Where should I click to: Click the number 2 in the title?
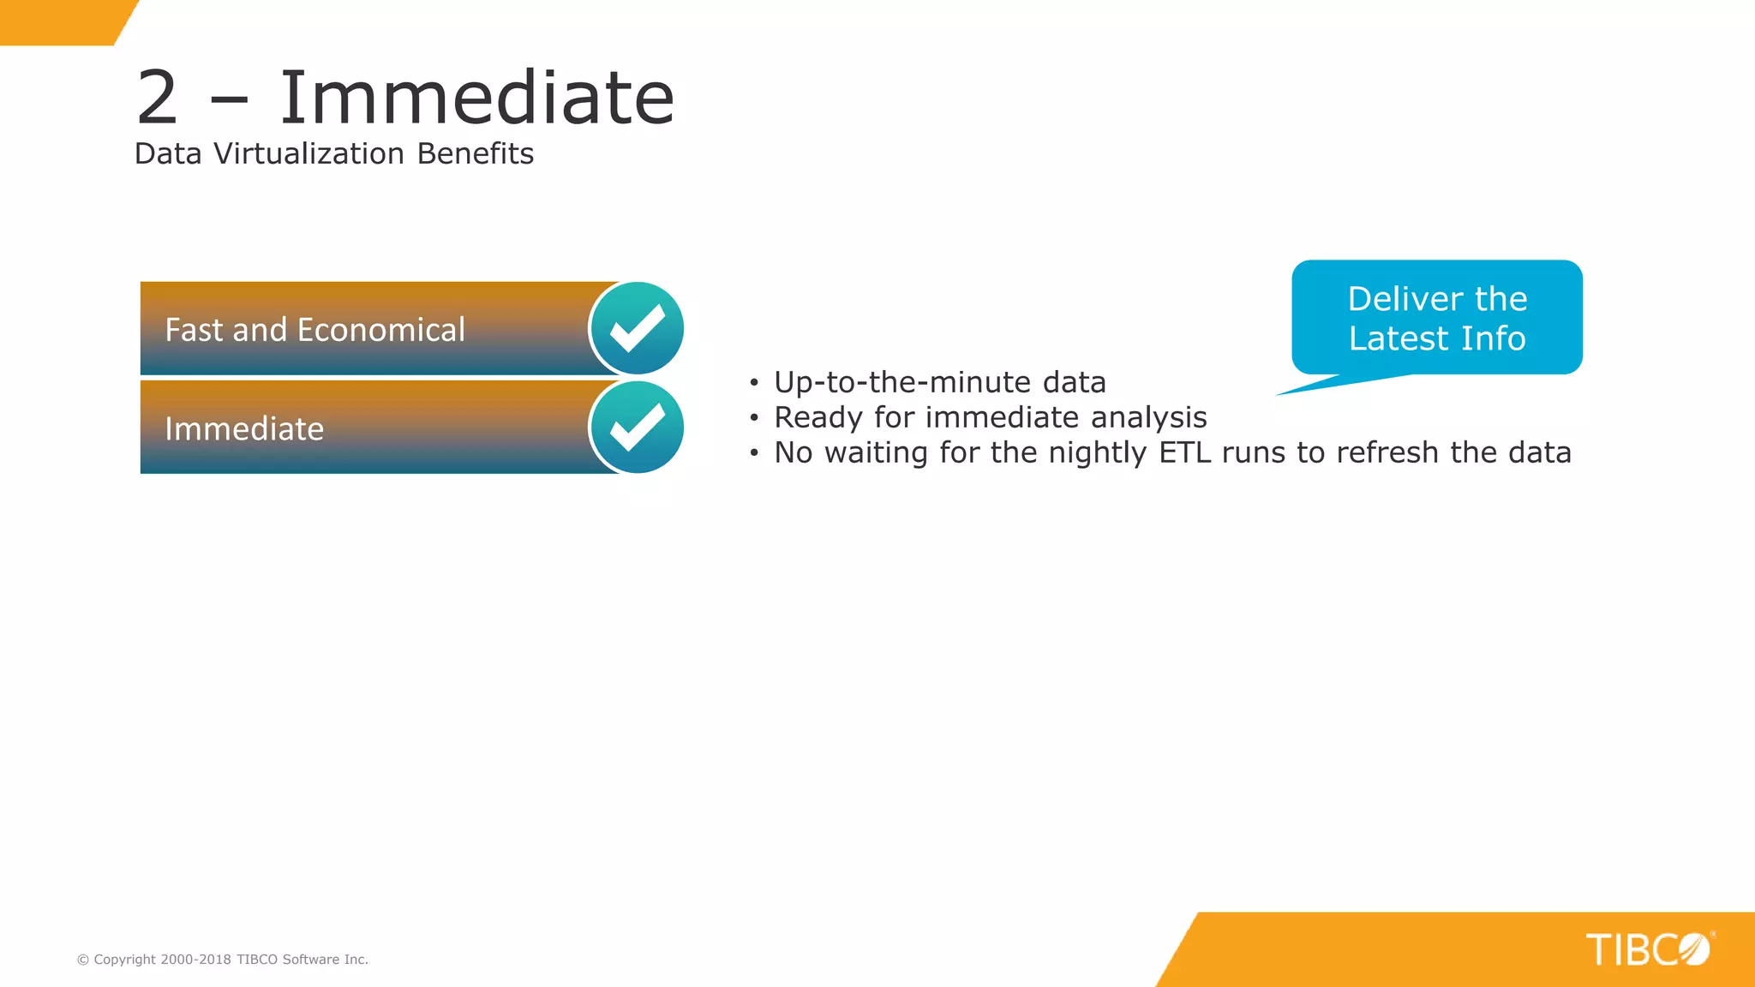[158, 99]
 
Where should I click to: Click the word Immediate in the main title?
[477, 99]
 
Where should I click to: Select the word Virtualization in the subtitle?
[308, 154]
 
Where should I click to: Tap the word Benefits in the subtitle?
[476, 154]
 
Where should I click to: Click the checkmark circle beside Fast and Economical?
[637, 329]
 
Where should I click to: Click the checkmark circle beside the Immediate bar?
[637, 428]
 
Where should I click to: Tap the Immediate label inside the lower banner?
[244, 429]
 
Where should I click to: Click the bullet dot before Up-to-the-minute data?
[754, 383]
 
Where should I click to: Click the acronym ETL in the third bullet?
[1185, 452]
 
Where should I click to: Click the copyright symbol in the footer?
[83, 960]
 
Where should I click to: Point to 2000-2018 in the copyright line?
[195, 960]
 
